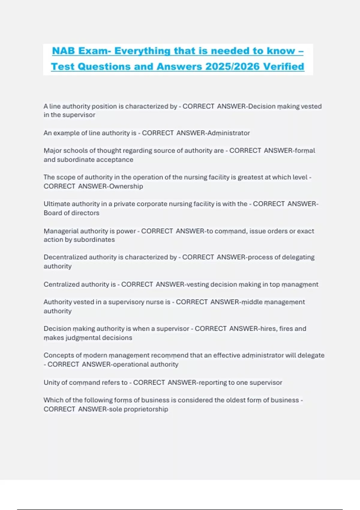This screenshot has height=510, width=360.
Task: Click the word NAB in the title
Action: click(x=63, y=51)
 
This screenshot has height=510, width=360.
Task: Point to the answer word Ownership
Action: click(x=126, y=186)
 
